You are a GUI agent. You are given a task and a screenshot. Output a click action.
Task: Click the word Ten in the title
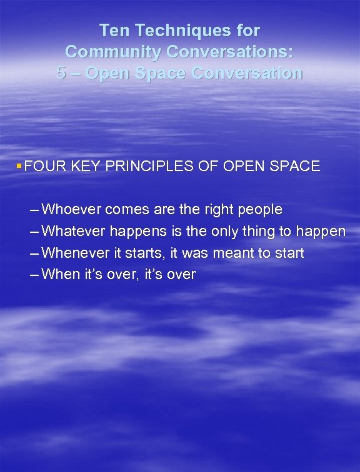click(x=114, y=30)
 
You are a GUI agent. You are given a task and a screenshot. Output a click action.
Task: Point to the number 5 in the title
click(x=61, y=73)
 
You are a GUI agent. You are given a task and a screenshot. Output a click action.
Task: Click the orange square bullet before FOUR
click(x=20, y=165)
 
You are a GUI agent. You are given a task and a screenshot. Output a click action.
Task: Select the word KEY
click(x=88, y=166)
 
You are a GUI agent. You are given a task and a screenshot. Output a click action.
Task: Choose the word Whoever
click(x=72, y=209)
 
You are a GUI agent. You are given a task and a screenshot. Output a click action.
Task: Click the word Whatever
click(x=74, y=231)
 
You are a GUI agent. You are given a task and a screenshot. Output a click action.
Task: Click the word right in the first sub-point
click(x=209, y=209)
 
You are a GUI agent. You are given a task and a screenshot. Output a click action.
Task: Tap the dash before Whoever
click(x=31, y=209)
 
